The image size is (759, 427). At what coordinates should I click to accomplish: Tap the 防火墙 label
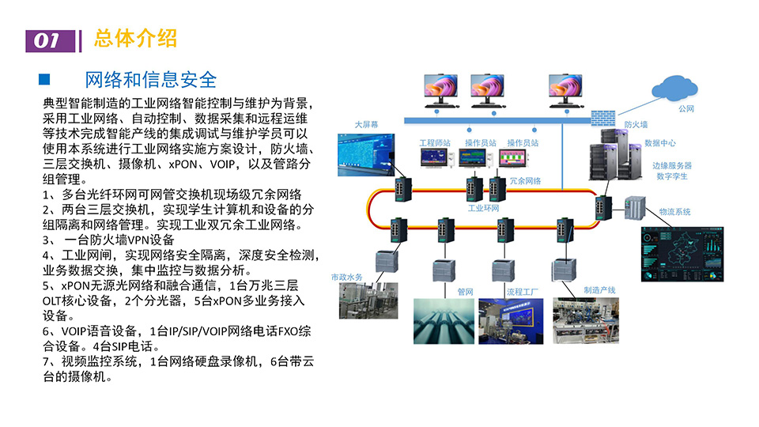pos(636,125)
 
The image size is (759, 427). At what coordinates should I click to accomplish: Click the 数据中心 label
pos(660,143)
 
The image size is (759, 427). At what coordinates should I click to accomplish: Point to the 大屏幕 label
pos(366,124)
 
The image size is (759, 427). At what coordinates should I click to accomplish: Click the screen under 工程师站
pos(434,160)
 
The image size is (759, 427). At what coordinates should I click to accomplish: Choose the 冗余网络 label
pos(526,181)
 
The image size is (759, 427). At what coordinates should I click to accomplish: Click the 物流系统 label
pos(675,212)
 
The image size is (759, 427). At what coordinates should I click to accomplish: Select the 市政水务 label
pos(346,277)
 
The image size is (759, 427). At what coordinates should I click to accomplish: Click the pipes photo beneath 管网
pos(444,320)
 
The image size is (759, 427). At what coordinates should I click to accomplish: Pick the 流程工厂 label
pos(522,292)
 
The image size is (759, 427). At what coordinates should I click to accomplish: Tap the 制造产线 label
pos(599,290)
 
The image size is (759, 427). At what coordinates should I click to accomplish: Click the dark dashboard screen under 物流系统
pos(682,253)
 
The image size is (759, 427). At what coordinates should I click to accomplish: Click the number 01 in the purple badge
pos(48,41)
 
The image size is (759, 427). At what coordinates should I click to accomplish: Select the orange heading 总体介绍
pos(135,38)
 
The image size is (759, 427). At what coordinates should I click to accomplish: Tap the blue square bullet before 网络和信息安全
pos(45,79)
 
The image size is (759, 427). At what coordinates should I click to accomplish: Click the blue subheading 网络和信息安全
pos(150,80)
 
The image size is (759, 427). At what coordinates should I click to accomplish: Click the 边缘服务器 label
pos(672,166)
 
